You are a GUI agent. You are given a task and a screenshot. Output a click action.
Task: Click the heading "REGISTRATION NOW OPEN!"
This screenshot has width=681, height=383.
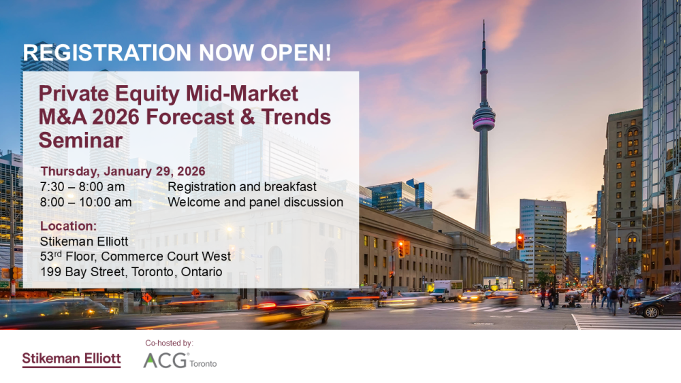click(x=177, y=53)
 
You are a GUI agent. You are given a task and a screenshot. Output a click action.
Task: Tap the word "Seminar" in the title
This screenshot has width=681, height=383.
click(x=81, y=140)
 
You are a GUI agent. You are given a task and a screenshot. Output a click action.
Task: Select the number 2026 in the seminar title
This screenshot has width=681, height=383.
click(x=116, y=117)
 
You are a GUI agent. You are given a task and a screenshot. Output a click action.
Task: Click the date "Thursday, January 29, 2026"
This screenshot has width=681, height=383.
click(x=123, y=171)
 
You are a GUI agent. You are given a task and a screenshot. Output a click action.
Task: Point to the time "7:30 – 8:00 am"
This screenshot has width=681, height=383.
click(x=82, y=187)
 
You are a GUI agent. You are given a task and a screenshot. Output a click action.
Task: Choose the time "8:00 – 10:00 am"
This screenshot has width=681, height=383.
click(x=86, y=202)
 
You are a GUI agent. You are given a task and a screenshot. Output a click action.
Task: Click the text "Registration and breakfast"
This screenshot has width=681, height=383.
click(x=242, y=187)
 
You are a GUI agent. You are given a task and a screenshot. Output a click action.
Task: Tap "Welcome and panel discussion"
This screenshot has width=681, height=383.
click(x=255, y=202)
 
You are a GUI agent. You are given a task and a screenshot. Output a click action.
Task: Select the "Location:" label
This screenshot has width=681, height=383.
click(x=68, y=226)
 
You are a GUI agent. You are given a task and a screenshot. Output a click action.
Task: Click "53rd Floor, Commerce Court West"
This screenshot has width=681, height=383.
click(x=135, y=256)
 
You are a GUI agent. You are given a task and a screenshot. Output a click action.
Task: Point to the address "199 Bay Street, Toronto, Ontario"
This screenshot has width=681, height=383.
click(x=131, y=272)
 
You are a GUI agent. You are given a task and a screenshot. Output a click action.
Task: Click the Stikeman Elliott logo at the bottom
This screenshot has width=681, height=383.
click(x=72, y=360)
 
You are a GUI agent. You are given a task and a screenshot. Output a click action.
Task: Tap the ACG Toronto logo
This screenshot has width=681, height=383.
click(x=180, y=361)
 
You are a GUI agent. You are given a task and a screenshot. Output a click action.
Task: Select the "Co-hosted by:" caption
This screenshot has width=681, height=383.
click(x=170, y=343)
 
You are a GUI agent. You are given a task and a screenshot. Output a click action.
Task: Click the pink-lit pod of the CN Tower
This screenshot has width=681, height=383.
click(x=484, y=117)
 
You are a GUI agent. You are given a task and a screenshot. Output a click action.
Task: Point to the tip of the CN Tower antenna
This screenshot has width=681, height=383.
click(x=484, y=20)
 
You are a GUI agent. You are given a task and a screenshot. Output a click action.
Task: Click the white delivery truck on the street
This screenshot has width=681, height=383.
click(x=446, y=290)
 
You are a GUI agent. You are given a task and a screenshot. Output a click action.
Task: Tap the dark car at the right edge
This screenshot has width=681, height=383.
click(x=655, y=305)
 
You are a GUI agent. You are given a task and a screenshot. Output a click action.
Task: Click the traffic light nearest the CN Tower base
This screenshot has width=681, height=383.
click(x=520, y=242)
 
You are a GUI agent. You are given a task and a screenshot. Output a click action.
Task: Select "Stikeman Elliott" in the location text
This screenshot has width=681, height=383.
click(x=84, y=242)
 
